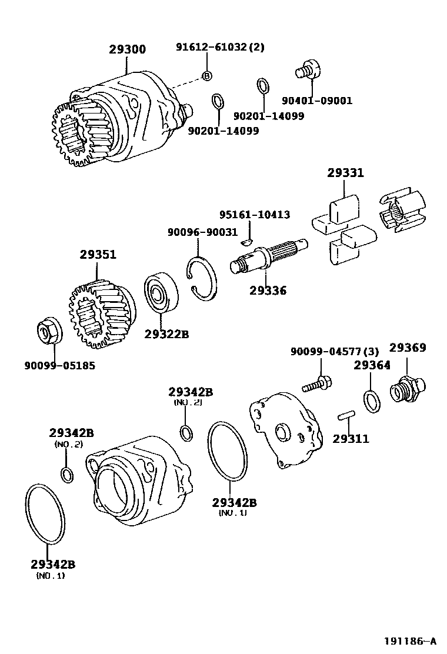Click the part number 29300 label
127,49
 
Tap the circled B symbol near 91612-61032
206,75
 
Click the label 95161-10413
254,215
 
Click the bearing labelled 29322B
161,293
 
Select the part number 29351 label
98,255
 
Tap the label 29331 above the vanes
345,173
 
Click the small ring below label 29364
372,401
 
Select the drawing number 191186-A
411,640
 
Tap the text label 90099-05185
59,365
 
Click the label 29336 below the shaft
268,290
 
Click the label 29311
351,438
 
